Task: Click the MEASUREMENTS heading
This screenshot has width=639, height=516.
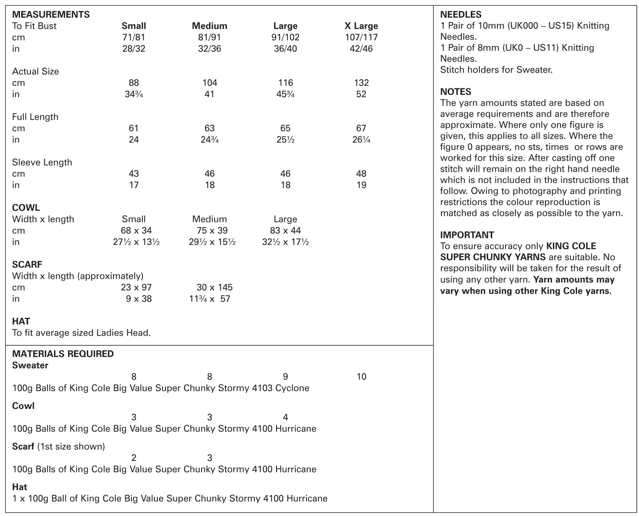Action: click(x=51, y=15)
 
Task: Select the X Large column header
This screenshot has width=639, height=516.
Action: click(x=361, y=26)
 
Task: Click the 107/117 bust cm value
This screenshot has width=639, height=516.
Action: click(x=361, y=38)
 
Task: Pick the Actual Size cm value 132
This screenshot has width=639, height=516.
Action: click(x=361, y=83)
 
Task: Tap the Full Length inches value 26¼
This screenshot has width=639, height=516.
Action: click(x=361, y=140)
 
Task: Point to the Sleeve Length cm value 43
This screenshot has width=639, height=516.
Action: click(x=134, y=174)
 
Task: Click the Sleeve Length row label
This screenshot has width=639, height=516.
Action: click(x=42, y=162)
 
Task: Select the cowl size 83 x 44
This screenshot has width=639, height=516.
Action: click(x=285, y=230)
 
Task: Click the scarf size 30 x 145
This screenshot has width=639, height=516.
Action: click(x=214, y=287)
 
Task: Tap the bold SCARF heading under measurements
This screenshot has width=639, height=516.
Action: click(x=27, y=264)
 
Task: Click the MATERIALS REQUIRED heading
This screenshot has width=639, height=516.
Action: click(x=63, y=354)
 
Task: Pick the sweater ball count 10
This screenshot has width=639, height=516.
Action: click(x=361, y=377)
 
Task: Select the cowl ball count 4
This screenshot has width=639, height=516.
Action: click(x=285, y=417)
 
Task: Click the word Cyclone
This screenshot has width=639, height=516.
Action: click(x=292, y=388)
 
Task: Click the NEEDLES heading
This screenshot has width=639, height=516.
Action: click(x=461, y=15)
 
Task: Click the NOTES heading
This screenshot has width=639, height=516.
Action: click(x=455, y=92)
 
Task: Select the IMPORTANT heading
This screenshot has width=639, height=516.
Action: click(x=467, y=235)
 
